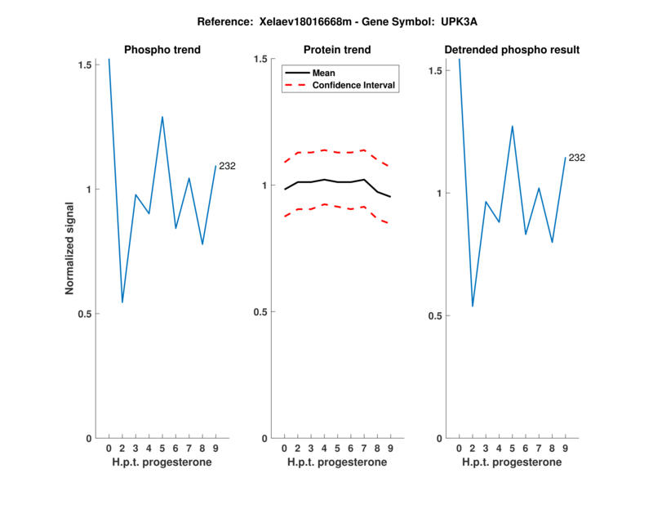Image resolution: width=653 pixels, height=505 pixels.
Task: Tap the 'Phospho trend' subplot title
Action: (162, 50)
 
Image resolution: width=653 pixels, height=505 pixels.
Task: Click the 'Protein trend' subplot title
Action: (337, 50)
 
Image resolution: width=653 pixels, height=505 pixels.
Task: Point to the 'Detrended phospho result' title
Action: (512, 50)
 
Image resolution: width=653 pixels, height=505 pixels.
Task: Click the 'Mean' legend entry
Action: (323, 73)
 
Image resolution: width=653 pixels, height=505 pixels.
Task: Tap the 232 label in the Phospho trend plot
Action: (227, 166)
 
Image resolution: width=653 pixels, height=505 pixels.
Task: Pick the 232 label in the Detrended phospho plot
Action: (577, 158)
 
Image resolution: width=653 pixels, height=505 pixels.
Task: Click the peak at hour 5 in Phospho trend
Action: (162, 117)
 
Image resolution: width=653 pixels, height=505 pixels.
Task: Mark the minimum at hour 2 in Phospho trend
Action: (122, 302)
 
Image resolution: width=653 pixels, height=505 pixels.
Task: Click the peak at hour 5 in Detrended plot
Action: (513, 126)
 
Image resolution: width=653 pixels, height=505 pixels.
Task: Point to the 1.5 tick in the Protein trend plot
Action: (264, 59)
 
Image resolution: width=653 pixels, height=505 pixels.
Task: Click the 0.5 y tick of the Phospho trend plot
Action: (89, 314)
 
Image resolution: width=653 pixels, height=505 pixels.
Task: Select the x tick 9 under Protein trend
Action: (390, 448)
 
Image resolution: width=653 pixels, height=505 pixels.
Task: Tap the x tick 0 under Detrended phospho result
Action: (459, 448)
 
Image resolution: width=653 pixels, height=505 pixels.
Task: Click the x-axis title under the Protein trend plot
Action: (337, 463)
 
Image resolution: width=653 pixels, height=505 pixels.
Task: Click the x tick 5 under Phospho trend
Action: (162, 448)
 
